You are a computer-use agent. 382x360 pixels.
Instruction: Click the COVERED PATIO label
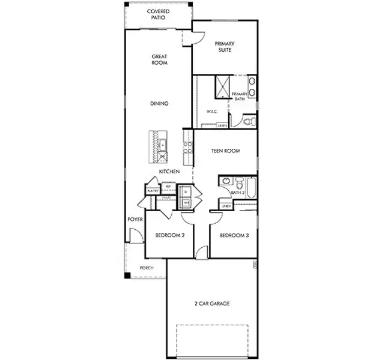[159, 14]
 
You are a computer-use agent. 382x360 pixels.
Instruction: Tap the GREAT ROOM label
[159, 59]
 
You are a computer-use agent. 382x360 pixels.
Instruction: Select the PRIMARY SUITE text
[225, 47]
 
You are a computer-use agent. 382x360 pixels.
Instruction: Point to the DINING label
[159, 103]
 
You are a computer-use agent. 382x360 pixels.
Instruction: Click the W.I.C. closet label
[211, 111]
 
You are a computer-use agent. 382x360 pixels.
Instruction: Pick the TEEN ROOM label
[225, 151]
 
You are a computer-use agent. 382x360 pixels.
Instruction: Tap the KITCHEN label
[169, 172]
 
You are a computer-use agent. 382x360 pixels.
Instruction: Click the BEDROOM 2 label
[169, 235]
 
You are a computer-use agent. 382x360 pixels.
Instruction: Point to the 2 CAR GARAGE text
[211, 304]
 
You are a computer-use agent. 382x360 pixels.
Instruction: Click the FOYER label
[135, 220]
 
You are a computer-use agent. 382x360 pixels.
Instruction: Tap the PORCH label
[146, 268]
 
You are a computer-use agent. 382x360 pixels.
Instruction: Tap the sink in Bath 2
[226, 181]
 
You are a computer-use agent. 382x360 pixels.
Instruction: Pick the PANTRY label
[152, 191]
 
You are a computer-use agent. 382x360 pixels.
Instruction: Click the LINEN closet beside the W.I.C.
[222, 125]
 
